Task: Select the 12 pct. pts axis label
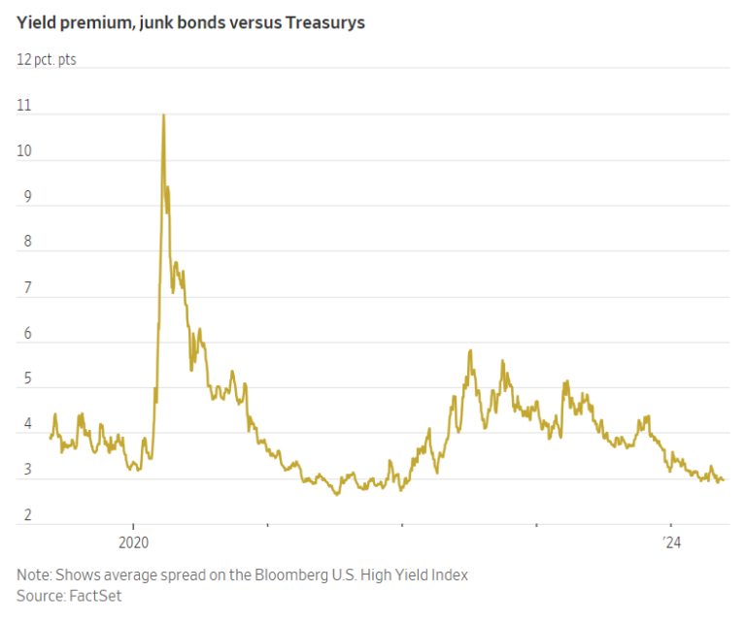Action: [46, 60]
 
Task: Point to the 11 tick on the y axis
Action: [23, 106]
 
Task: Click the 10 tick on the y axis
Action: [24, 151]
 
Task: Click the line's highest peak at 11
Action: [162, 115]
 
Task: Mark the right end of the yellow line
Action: [723, 479]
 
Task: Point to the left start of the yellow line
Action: [50, 439]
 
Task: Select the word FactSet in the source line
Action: [95, 595]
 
